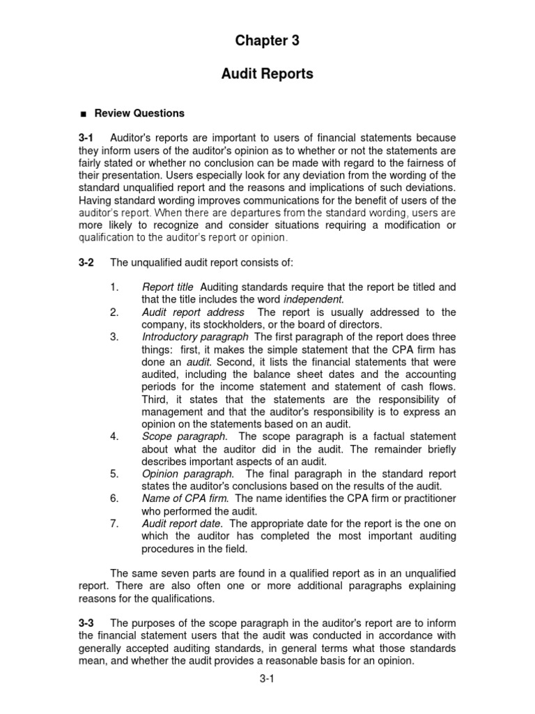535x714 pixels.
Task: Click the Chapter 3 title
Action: pyautogui.click(x=267, y=41)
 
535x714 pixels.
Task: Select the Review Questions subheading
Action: pyautogui.click(x=139, y=113)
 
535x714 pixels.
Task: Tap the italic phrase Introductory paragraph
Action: pyautogui.click(x=196, y=337)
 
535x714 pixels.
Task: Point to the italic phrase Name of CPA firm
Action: pyautogui.click(x=184, y=499)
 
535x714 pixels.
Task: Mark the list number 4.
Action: pyautogui.click(x=114, y=436)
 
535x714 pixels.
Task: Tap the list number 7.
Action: pyautogui.click(x=114, y=523)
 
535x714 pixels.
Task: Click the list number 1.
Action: pyautogui.click(x=114, y=287)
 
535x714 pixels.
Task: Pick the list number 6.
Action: pyautogui.click(x=114, y=499)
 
